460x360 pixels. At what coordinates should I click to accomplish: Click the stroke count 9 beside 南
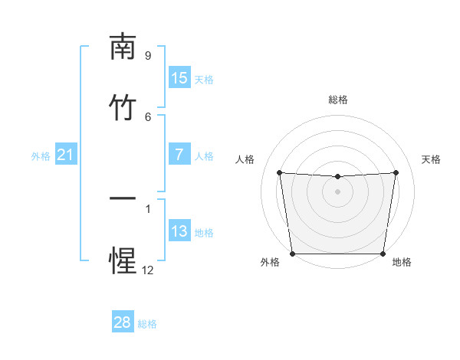pos(148,55)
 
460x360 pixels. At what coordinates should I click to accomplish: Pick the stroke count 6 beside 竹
pos(148,116)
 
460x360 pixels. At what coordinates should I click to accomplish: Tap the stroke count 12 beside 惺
pos(148,270)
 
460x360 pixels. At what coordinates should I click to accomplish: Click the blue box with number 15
pos(179,78)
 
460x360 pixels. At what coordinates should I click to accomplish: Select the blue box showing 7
pos(179,155)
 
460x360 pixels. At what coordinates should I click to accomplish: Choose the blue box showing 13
pos(179,231)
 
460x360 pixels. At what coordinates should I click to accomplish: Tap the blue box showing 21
pos(65,155)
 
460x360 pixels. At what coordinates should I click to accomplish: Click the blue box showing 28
pos(123,322)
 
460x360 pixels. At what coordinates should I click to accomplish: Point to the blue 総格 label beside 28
pos(147,324)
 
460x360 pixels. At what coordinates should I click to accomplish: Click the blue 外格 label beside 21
pos(41,156)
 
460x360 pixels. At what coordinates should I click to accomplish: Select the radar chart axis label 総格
pos(338,100)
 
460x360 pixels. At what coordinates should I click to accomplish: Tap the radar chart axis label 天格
pos(431,159)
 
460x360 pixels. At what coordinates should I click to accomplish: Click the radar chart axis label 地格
pos(402,262)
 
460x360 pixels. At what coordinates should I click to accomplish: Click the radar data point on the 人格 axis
pos(279,172)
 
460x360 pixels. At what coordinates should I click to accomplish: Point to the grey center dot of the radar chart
pos(338,191)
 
